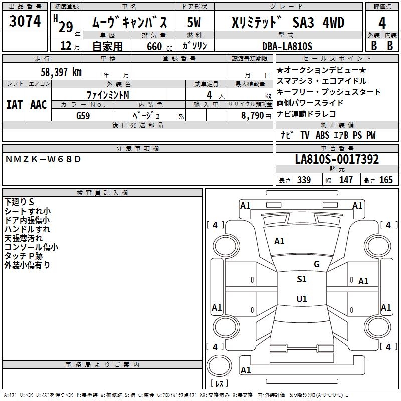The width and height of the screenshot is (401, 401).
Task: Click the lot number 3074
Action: tap(25, 21)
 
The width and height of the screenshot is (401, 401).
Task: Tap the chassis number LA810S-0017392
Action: tap(337, 160)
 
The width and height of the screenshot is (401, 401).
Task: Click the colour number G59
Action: tap(83, 115)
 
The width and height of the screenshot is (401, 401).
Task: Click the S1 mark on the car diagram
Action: tap(301, 279)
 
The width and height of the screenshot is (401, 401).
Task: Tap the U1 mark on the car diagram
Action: tap(301, 299)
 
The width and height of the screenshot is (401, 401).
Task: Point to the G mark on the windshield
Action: tap(316, 264)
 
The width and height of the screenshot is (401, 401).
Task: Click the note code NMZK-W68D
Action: tap(43, 159)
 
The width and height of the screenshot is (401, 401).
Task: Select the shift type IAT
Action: tap(15, 105)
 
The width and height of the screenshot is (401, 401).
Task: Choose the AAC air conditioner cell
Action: tap(39, 105)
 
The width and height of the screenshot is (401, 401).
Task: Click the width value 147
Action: tap(346, 180)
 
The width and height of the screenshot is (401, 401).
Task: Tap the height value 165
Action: tap(386, 180)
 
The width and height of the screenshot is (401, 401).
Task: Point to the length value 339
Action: tap(304, 180)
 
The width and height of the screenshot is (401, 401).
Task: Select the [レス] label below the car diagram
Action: tap(219, 383)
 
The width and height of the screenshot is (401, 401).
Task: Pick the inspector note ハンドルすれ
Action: tap(27, 229)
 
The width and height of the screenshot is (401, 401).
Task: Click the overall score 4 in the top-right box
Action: tap(382, 23)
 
